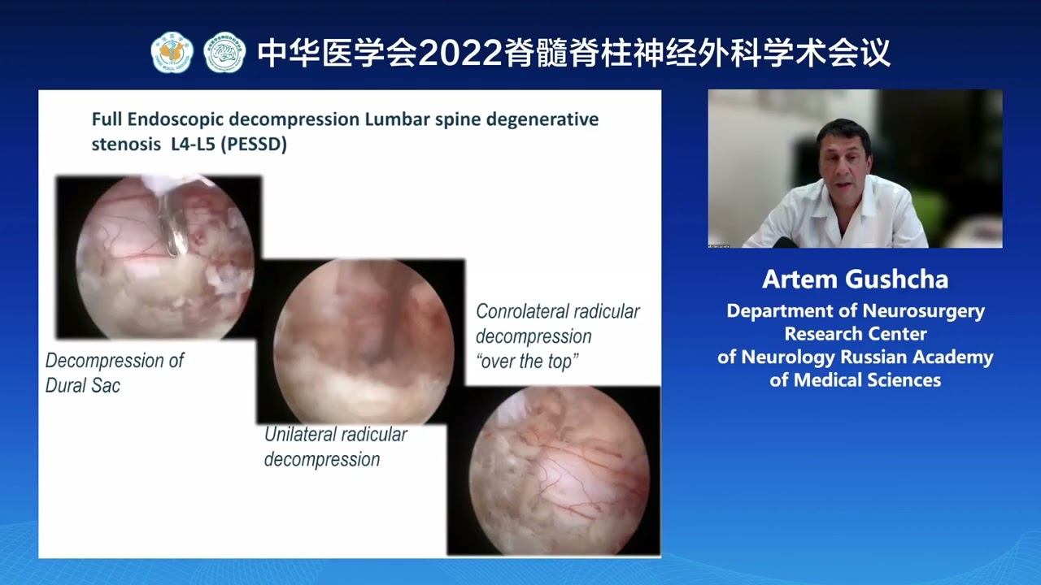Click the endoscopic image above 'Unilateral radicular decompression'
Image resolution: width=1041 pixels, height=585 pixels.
tap(362, 341)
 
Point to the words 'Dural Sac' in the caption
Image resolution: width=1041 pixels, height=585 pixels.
tap(83, 385)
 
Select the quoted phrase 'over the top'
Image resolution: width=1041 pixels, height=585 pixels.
tap(527, 362)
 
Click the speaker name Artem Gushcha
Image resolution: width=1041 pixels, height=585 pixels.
tap(855, 279)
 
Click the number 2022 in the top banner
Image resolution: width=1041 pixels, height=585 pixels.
tap(460, 54)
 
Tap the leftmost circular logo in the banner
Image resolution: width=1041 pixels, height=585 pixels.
tap(172, 53)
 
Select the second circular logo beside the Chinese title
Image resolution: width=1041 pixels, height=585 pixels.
tap(224, 53)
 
